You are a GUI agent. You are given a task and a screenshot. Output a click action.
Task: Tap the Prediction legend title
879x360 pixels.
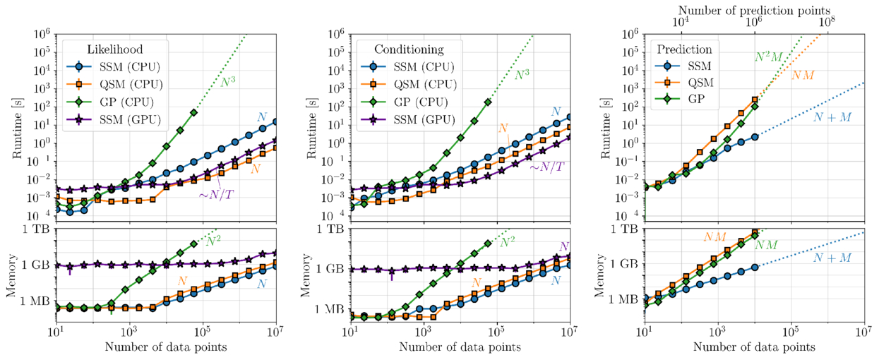(x=684, y=50)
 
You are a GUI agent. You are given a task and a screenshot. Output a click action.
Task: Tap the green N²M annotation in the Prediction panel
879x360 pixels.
(x=769, y=57)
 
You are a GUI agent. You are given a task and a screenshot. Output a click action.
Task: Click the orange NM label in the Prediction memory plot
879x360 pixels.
(x=715, y=237)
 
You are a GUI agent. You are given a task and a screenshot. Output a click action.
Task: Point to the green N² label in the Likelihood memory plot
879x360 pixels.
(x=215, y=241)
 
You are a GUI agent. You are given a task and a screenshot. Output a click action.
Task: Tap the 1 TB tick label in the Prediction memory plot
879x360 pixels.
(x=628, y=229)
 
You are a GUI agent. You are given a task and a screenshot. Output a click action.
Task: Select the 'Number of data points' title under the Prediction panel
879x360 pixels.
(x=754, y=347)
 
